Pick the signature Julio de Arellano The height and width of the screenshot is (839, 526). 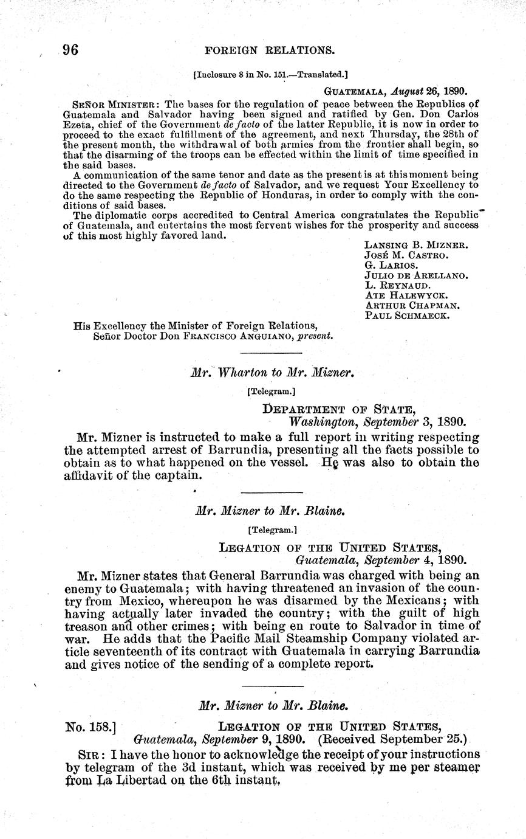click(415, 275)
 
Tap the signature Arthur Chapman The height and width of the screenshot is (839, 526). click(412, 306)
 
